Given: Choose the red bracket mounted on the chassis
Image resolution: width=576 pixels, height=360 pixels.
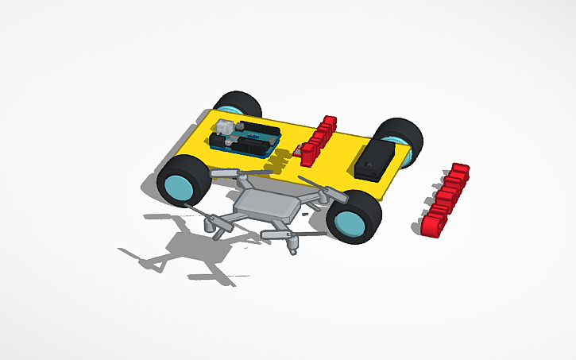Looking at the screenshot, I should coord(318,139).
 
